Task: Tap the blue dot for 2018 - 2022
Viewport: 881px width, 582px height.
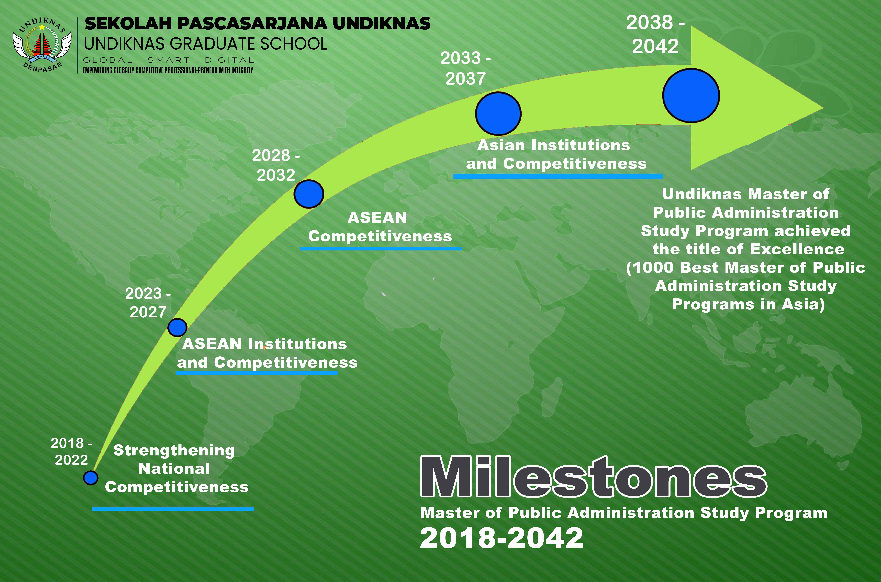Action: click(91, 478)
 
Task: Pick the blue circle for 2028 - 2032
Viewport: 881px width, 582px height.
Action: click(309, 194)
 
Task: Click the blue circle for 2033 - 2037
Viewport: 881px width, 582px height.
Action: click(498, 114)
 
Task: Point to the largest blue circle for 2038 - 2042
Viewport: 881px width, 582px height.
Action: click(691, 95)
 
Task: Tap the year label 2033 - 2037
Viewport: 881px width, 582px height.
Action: click(466, 68)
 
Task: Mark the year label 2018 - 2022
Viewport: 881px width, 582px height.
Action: click(71, 451)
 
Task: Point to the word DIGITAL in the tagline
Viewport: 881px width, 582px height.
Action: click(229, 60)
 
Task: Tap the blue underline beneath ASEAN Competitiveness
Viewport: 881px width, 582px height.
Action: click(381, 248)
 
